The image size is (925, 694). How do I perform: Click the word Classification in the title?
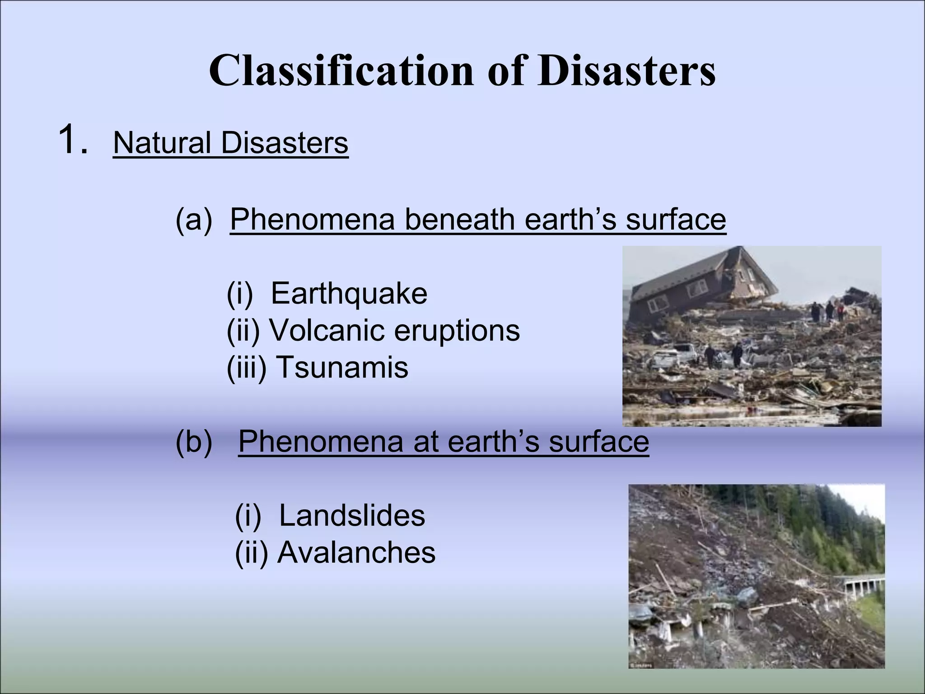tap(341, 71)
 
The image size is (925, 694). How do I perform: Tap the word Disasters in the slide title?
tap(626, 71)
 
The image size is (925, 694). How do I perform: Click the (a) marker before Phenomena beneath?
tap(193, 220)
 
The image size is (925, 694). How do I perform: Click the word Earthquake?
tap(349, 293)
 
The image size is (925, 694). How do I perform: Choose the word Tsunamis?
tap(341, 367)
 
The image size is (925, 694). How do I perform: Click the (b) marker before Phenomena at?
tap(193, 441)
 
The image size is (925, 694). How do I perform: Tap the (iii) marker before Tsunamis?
tap(247, 367)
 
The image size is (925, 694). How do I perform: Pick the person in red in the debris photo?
tap(841, 311)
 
